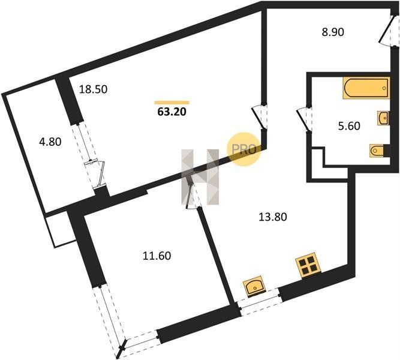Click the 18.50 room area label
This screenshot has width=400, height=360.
point(93,89)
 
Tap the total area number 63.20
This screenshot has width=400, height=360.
point(172,112)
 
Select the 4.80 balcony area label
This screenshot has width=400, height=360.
point(50,142)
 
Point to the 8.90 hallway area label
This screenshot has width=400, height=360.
point(333,32)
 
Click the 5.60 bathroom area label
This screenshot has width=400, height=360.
point(349,126)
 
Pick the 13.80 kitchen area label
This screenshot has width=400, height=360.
point(273,217)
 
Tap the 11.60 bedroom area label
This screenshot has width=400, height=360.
point(157,256)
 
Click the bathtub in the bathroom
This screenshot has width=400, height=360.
point(366,88)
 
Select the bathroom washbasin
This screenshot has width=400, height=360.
point(383,118)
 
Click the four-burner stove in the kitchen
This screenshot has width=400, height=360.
point(308,265)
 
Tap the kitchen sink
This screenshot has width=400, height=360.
point(254,286)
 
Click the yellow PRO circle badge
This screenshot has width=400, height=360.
point(243,149)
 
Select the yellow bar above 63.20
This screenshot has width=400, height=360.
point(172,103)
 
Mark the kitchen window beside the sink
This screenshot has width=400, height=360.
point(260,302)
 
